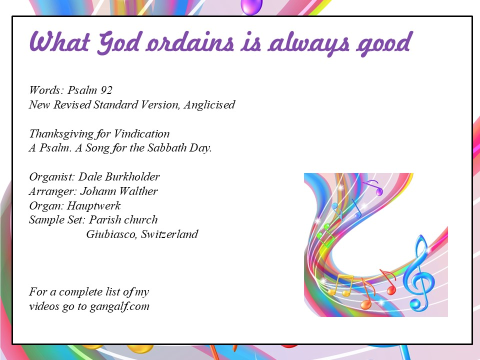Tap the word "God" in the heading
tap(119, 43)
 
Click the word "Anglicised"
tap(209, 104)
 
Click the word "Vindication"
tap(141, 133)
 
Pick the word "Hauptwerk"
tap(93, 205)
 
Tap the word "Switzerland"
tap(169, 234)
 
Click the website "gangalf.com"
tap(119, 306)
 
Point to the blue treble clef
tap(419, 273)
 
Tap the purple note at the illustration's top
tap(374, 187)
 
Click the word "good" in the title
tap(383, 44)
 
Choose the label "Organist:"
tap(52, 177)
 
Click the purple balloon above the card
tap(251, 6)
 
